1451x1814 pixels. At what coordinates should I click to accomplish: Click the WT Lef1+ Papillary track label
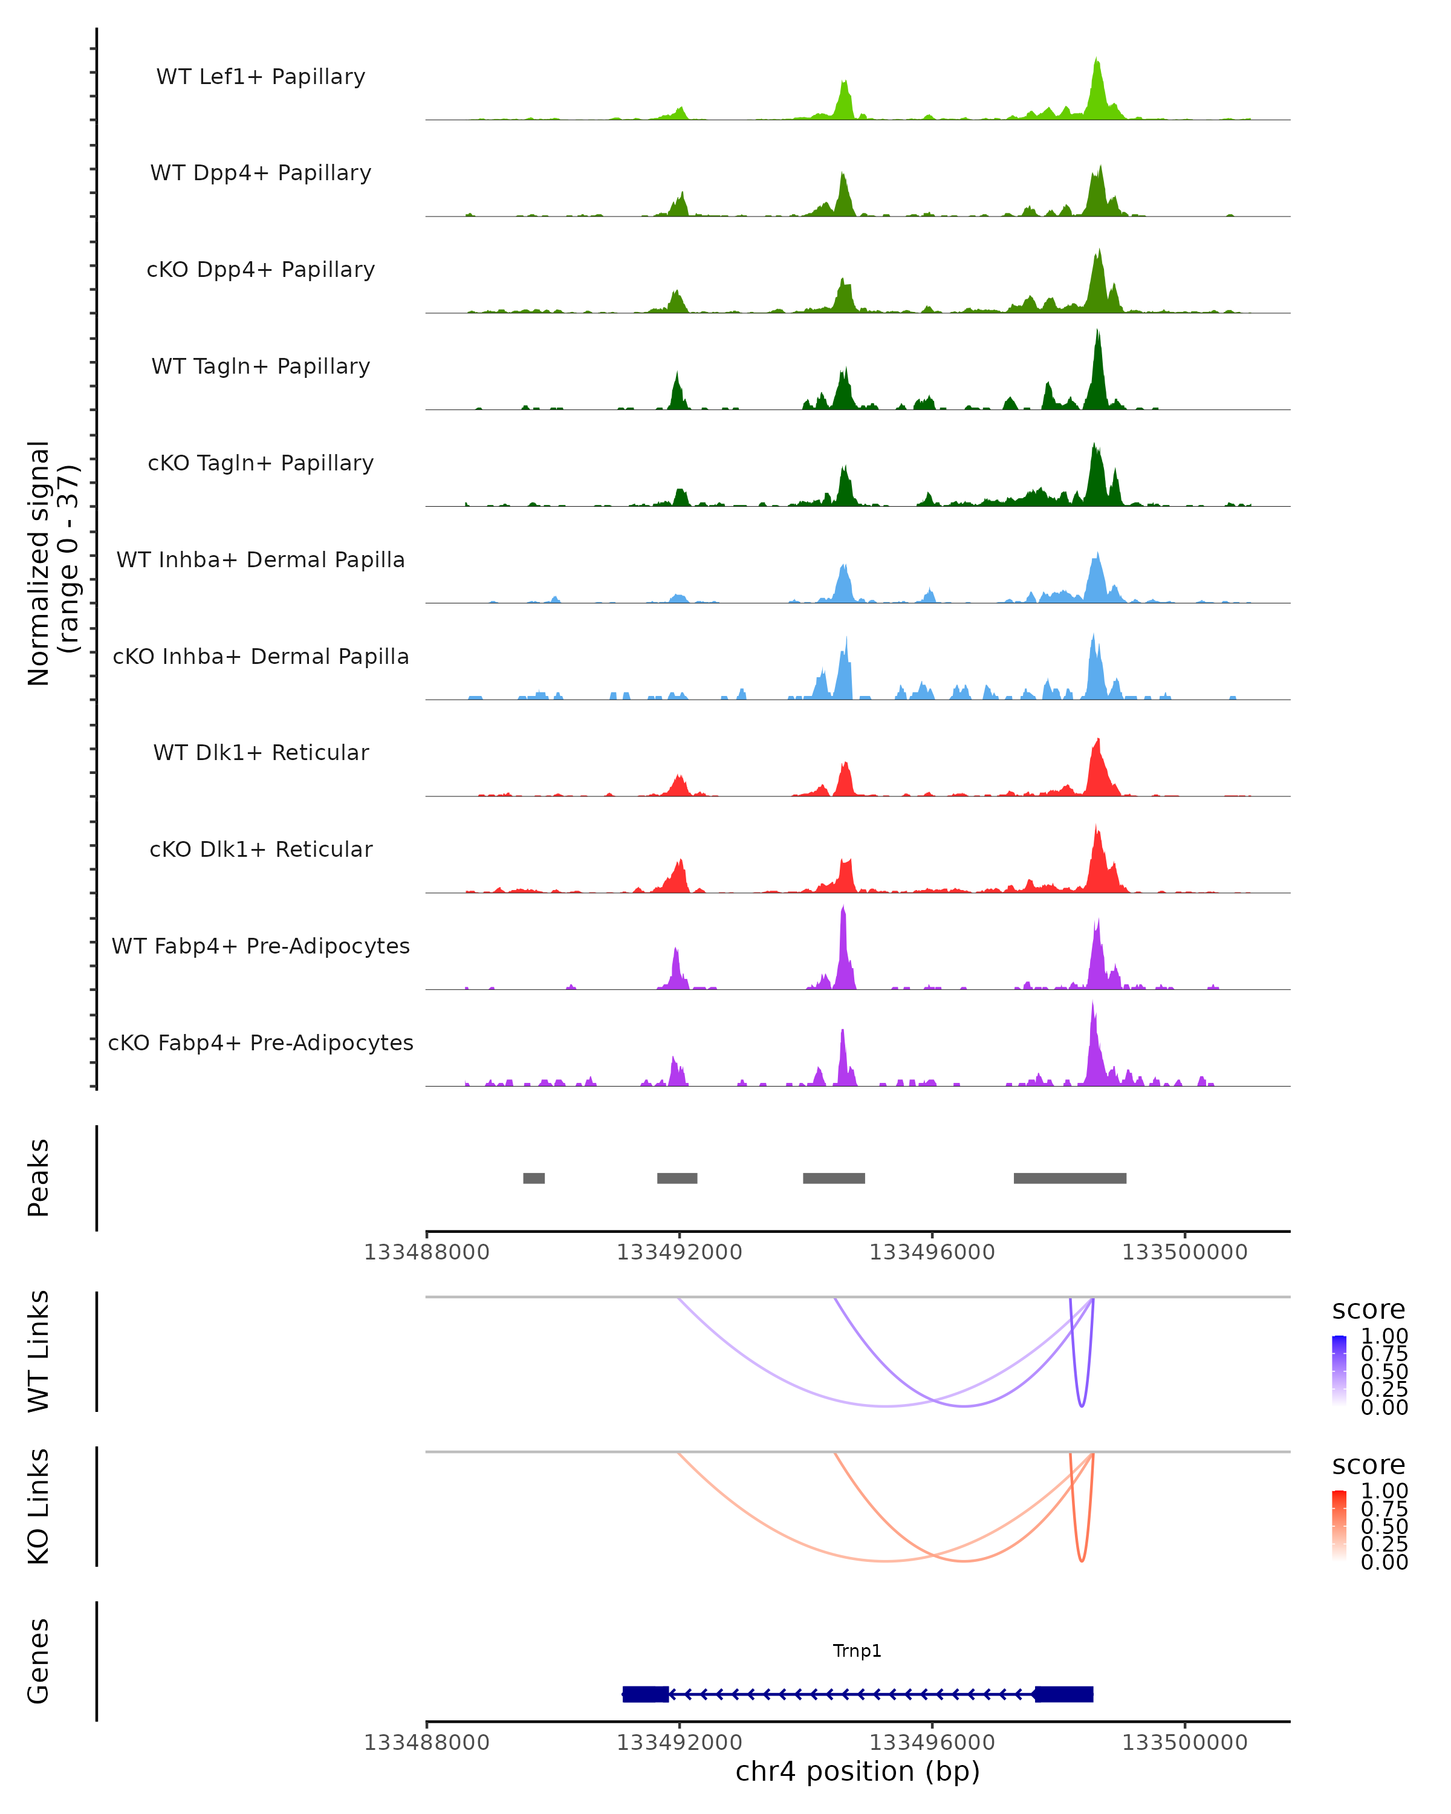pos(261,77)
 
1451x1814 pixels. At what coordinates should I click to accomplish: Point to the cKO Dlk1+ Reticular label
pos(261,849)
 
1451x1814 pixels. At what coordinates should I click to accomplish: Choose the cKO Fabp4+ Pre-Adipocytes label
pos(261,1042)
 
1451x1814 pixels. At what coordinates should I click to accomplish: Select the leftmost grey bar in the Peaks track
pos(533,1178)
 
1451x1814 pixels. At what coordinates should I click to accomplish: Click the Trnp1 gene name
pos(857,1650)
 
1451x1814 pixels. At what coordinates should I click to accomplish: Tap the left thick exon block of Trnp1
pos(645,1694)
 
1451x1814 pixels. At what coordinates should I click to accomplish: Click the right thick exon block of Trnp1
pos(1064,1694)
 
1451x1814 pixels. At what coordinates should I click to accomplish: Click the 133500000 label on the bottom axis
pos(1184,1743)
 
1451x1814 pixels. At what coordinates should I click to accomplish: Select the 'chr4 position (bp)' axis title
pos(857,1771)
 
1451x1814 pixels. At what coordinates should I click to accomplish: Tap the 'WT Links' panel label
pos(39,1352)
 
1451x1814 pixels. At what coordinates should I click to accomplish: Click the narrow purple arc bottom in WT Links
pos(1082,1405)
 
